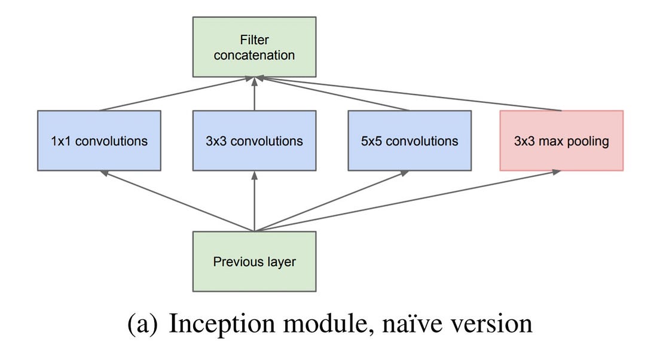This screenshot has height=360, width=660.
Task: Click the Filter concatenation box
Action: [x=254, y=47]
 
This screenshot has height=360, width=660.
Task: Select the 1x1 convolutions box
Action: [x=99, y=141]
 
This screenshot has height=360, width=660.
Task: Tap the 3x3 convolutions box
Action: [x=254, y=141]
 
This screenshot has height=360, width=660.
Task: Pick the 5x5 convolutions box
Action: [x=410, y=141]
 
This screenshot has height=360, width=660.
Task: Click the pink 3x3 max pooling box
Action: [x=561, y=141]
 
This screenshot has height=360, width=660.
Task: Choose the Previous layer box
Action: [x=254, y=261]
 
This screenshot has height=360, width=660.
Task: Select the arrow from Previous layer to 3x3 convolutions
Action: [x=255, y=201]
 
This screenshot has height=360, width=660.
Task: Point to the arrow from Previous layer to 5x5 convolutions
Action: [x=332, y=201]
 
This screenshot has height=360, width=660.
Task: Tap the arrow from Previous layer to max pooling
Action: [x=407, y=201]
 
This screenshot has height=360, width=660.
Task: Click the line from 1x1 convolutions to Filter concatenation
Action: [x=178, y=94]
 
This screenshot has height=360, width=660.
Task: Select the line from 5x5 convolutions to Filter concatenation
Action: [x=332, y=94]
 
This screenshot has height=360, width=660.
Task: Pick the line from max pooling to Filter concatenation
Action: [x=407, y=94]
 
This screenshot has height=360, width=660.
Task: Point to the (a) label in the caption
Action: [x=143, y=324]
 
